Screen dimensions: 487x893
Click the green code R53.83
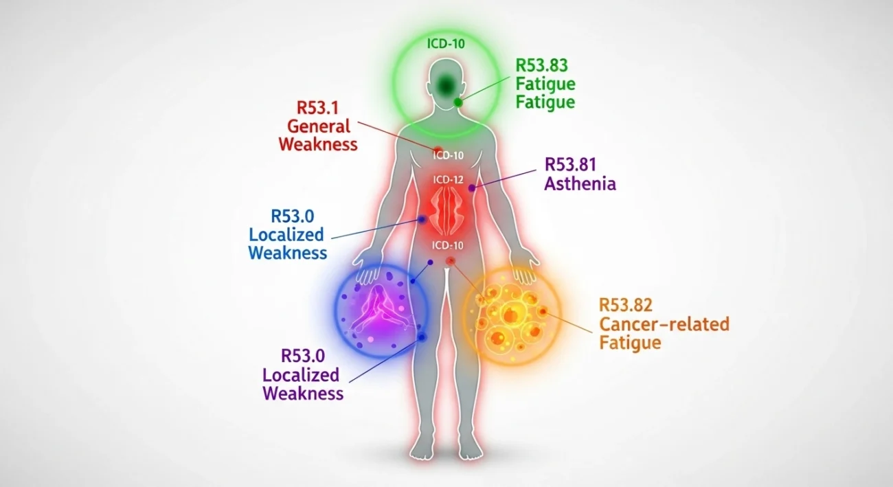pos(542,65)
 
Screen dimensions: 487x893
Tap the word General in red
pos(319,126)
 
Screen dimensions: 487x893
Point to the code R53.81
pos(570,165)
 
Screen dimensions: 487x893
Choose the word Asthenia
pos(580,184)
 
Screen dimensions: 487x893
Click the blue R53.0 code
pos(293,216)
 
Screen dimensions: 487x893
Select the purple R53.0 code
pos(302,356)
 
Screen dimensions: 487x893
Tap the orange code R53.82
pos(625,305)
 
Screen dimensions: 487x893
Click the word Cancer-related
pos(664,324)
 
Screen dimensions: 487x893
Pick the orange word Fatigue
pos(630,342)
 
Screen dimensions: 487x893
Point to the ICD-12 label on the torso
pos(449,179)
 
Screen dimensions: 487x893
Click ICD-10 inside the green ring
pos(445,44)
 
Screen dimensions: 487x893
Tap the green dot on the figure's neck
pos(458,102)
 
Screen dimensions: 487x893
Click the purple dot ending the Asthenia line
pos(472,188)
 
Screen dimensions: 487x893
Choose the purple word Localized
pos(301,375)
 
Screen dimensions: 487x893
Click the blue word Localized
pos(286,234)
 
